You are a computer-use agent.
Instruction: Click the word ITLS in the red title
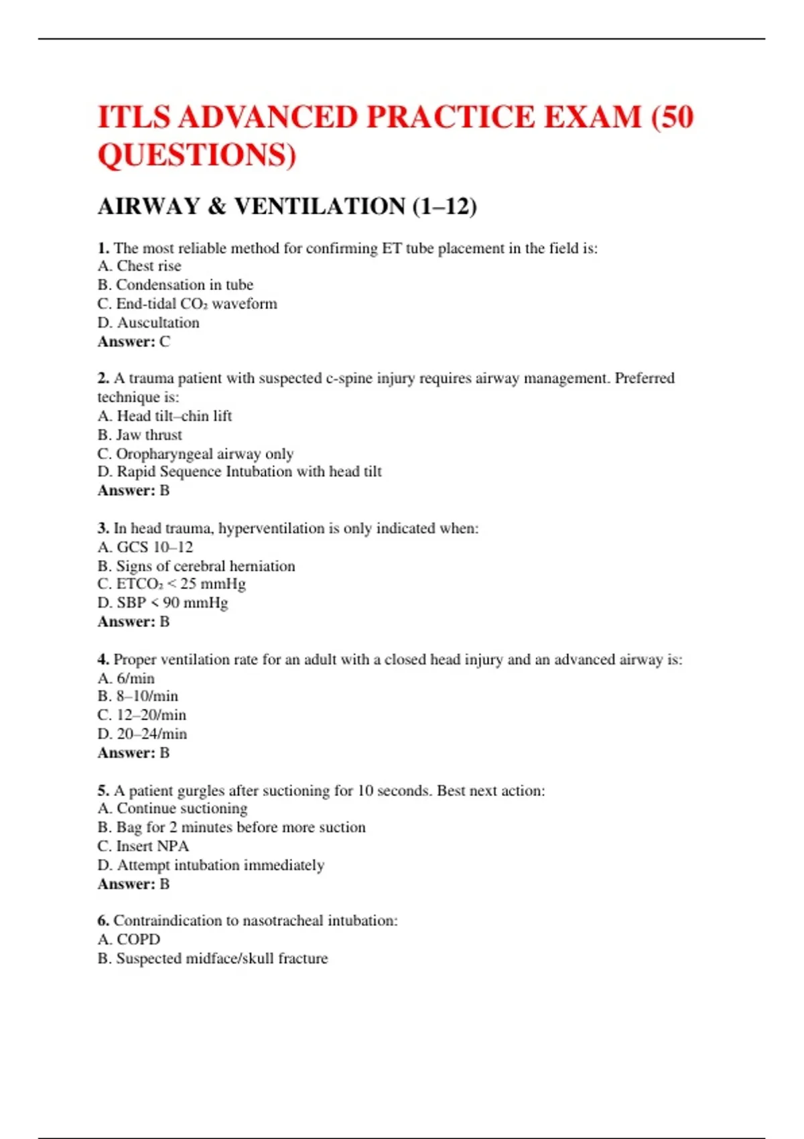(x=135, y=117)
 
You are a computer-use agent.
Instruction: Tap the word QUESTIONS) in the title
(x=197, y=155)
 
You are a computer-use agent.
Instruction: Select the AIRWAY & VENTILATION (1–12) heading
(x=287, y=206)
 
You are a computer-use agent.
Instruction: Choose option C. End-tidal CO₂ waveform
(x=187, y=304)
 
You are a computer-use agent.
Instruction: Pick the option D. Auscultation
(x=148, y=323)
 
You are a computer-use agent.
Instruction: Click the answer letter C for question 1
(x=165, y=342)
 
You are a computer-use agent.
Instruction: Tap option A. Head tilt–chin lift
(x=165, y=416)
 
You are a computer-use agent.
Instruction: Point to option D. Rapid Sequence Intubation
(x=239, y=472)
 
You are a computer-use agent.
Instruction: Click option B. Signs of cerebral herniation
(x=196, y=566)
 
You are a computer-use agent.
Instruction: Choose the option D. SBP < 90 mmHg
(x=163, y=603)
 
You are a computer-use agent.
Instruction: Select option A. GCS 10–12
(x=145, y=547)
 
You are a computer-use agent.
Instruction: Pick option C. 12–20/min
(x=141, y=715)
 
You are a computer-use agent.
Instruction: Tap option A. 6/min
(x=126, y=678)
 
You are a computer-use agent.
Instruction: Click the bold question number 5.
(x=103, y=791)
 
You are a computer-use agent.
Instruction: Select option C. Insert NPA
(x=143, y=846)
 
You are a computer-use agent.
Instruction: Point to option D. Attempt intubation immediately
(x=210, y=865)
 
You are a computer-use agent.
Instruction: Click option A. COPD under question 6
(x=129, y=939)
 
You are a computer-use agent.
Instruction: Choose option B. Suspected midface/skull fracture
(x=212, y=958)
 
